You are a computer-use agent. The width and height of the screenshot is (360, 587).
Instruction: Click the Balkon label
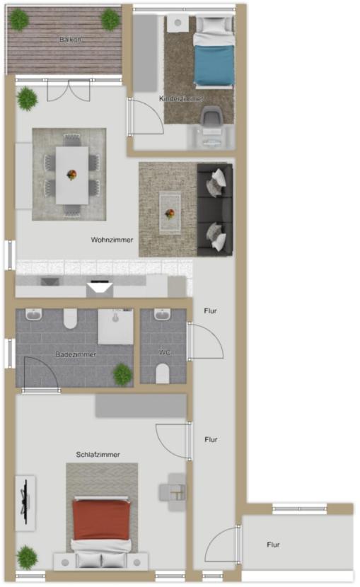coord(70,40)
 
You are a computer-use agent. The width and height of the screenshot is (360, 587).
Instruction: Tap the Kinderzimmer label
coord(181,99)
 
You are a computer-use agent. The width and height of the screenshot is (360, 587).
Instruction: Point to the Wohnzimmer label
coord(112,240)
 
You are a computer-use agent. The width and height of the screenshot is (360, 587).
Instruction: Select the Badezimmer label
coord(76,354)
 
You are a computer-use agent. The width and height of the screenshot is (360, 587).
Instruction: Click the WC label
coord(165,352)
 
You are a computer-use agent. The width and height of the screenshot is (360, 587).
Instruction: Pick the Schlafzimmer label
coord(98,455)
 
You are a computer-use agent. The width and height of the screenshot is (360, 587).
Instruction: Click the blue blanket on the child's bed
coord(214,66)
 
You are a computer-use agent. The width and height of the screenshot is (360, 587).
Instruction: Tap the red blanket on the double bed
coord(101,520)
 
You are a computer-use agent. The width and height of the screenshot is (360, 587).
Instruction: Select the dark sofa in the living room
coord(215,209)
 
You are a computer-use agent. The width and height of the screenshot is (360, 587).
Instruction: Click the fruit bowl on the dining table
coord(71,175)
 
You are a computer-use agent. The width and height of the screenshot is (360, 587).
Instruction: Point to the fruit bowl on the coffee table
coord(170,214)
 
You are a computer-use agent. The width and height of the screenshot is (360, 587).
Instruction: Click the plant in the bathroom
coord(123,374)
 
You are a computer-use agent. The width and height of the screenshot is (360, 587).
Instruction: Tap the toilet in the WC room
coord(163,373)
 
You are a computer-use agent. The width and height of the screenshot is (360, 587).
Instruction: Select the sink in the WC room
coord(163,315)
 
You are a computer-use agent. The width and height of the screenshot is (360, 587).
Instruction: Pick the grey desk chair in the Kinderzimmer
coord(211,116)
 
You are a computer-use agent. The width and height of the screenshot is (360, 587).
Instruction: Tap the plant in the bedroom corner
coord(27,557)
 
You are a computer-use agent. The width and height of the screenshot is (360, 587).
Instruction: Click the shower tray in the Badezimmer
coord(115,327)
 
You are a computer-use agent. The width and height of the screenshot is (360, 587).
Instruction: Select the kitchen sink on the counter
coord(50,281)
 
